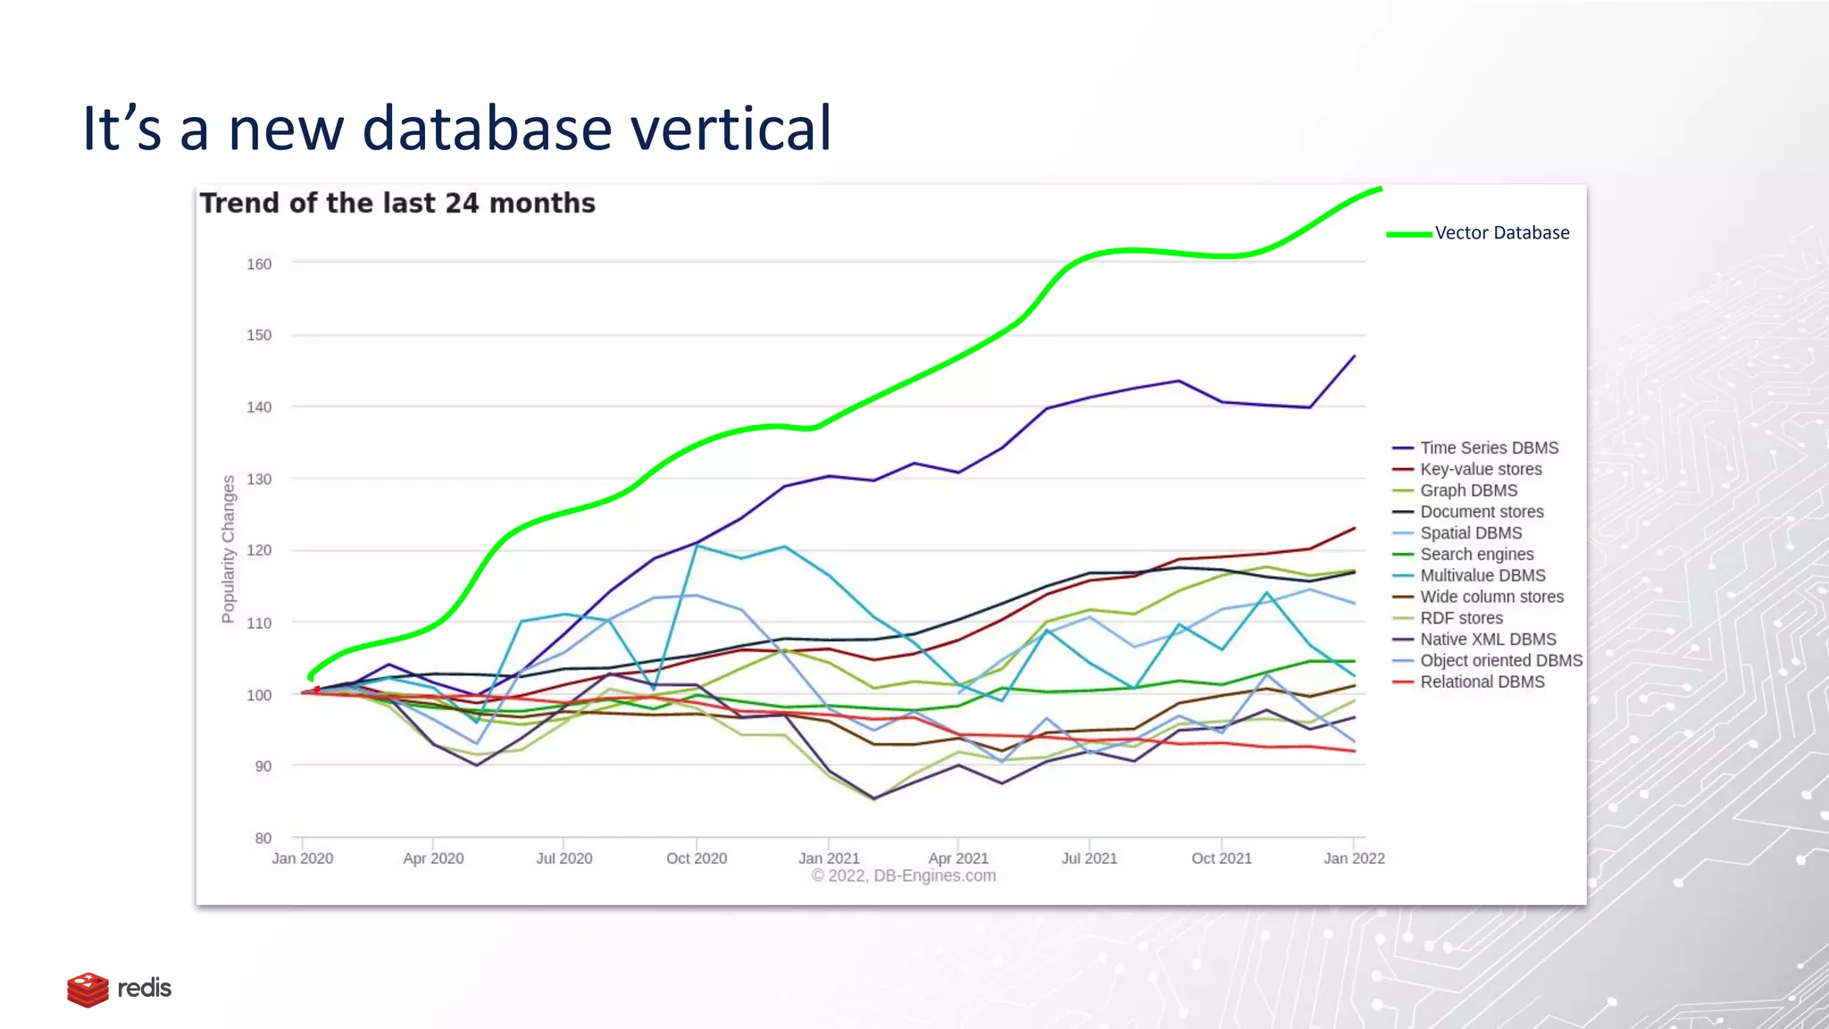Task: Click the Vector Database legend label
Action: point(1501,233)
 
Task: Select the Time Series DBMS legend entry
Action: point(1489,448)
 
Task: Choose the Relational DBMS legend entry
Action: point(1482,682)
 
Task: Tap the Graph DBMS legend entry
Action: point(1468,490)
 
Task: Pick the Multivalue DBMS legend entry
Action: point(1482,575)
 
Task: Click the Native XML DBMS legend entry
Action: point(1488,640)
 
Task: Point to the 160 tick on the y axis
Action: point(259,264)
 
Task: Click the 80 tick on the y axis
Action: point(263,838)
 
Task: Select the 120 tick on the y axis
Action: point(259,550)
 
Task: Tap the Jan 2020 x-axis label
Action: point(302,858)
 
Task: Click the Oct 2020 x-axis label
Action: point(697,858)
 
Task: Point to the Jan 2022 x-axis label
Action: point(1354,858)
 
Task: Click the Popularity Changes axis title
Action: point(229,549)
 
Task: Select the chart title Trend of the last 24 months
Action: point(397,204)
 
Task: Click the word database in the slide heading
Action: point(487,128)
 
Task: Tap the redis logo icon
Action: point(88,989)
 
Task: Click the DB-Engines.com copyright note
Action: point(903,876)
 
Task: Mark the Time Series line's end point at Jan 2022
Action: point(1355,356)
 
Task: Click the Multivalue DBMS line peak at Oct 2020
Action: point(697,545)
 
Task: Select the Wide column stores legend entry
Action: point(1491,597)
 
